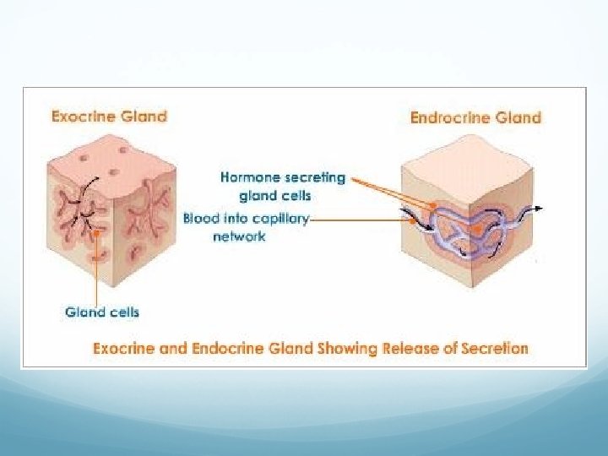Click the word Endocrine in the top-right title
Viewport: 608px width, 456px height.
click(x=453, y=117)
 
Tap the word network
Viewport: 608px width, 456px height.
click(x=239, y=236)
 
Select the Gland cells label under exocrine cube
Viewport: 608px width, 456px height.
click(x=102, y=312)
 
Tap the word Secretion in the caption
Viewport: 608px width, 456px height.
click(x=493, y=348)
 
